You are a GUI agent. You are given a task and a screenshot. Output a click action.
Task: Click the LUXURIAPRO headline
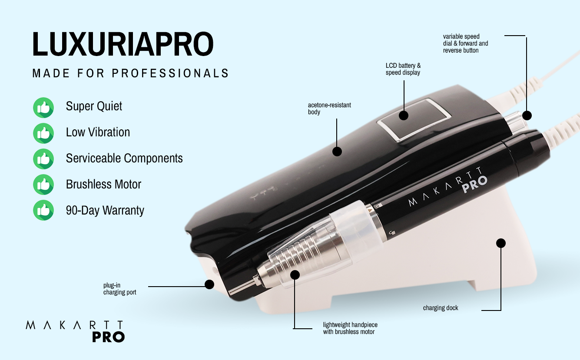(x=123, y=44)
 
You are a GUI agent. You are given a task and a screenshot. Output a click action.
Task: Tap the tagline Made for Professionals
(x=130, y=73)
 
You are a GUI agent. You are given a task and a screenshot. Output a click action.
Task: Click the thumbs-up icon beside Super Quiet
(x=43, y=107)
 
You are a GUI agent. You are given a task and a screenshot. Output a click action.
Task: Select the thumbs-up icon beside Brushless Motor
(x=43, y=185)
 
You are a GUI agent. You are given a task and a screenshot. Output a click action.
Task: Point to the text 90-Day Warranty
(x=105, y=211)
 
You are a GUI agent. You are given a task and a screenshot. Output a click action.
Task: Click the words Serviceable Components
(x=124, y=158)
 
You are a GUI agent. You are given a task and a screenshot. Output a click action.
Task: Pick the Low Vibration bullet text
(x=98, y=132)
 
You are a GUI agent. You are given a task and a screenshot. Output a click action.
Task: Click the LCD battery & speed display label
(x=403, y=69)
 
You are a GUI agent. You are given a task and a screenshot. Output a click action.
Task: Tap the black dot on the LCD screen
(x=404, y=116)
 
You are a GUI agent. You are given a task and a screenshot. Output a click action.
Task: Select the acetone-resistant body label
(x=329, y=109)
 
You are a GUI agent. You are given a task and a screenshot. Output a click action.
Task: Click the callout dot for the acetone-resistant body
(x=337, y=151)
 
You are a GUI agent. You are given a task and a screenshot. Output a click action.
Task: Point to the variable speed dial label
(x=465, y=43)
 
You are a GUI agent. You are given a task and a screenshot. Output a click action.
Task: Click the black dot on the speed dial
(x=527, y=116)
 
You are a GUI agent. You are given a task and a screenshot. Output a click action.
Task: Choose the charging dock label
(x=441, y=308)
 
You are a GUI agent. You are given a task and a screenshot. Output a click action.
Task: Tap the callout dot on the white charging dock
(x=501, y=243)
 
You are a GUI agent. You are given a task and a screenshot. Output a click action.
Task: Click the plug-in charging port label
(x=119, y=289)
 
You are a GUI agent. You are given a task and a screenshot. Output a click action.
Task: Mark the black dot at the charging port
(x=209, y=284)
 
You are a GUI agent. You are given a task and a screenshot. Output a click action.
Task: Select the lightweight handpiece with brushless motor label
(x=350, y=328)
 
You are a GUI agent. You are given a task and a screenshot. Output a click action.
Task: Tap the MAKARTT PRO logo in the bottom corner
(x=75, y=331)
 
